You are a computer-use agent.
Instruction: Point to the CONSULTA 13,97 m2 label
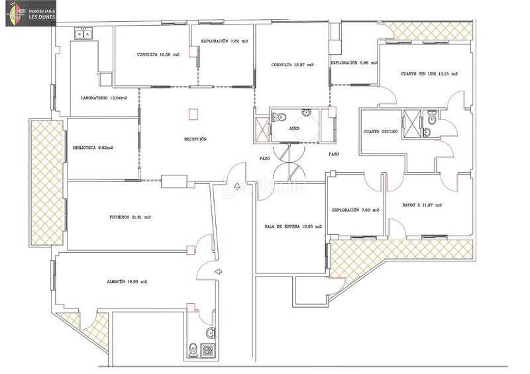(x=292, y=65)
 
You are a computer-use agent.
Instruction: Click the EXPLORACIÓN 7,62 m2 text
(x=225, y=41)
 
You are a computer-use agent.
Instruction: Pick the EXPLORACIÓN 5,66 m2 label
(x=354, y=63)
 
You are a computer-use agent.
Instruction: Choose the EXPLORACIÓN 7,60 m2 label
(x=356, y=210)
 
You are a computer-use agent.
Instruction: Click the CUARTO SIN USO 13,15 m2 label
(x=429, y=74)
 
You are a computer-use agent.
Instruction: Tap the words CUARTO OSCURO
(x=380, y=132)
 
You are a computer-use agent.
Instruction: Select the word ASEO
(x=295, y=128)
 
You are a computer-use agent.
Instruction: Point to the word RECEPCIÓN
(x=195, y=139)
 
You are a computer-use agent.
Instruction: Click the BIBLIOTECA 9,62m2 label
(x=93, y=148)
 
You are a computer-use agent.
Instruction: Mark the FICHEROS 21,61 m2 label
(x=130, y=217)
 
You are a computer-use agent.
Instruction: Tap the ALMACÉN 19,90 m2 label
(x=127, y=281)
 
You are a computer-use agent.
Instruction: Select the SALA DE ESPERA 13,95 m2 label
(x=293, y=226)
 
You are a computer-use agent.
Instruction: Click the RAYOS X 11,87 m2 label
(x=422, y=205)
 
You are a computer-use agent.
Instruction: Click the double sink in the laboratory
(x=83, y=34)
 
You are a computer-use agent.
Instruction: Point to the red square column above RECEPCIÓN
(x=193, y=114)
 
